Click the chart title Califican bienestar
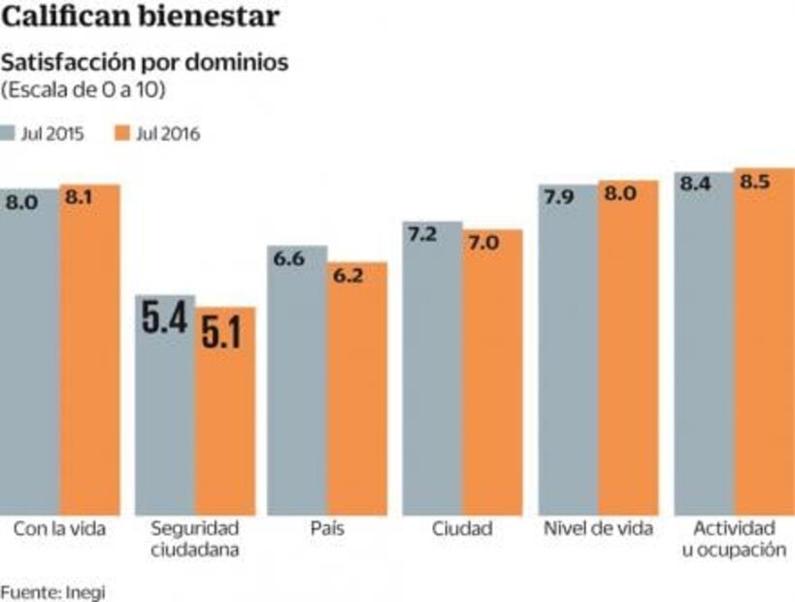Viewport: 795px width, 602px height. pyautogui.click(x=142, y=17)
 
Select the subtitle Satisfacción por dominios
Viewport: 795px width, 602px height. pyautogui.click(x=145, y=64)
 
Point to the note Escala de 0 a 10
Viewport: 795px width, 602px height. pyautogui.click(x=83, y=90)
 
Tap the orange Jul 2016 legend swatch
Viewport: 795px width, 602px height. pyautogui.click(x=121, y=134)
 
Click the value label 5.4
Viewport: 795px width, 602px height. pyautogui.click(x=164, y=320)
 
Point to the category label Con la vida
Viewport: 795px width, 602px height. pyautogui.click(x=59, y=529)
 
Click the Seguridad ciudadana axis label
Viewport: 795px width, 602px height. pyautogui.click(x=194, y=539)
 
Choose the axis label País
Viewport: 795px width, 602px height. pyautogui.click(x=328, y=529)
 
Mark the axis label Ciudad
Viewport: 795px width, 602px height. pyautogui.click(x=462, y=529)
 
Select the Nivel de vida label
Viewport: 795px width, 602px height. pyautogui.click(x=598, y=529)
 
